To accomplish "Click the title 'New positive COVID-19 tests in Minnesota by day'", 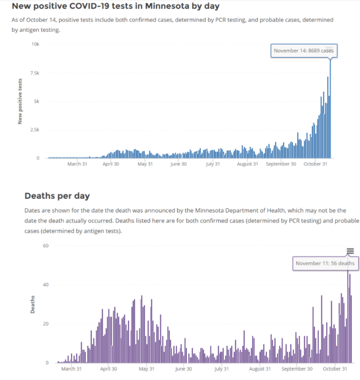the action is [x=115, y=6].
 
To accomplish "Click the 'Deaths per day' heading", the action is [x=57, y=196].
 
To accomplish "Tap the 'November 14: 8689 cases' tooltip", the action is [x=304, y=51].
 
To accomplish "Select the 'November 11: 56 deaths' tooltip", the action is [x=325, y=263].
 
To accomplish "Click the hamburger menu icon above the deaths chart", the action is [x=350, y=251].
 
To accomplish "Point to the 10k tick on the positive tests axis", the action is [x=35, y=44].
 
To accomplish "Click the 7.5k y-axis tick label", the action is [x=35, y=73].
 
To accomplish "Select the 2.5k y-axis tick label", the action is [x=35, y=130].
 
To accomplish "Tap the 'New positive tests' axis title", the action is [x=20, y=101].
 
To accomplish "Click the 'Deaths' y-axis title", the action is [x=32, y=304].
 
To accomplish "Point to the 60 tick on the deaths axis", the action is [x=46, y=246].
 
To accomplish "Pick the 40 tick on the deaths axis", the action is [x=46, y=285].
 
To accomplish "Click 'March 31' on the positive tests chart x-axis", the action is [x=77, y=164].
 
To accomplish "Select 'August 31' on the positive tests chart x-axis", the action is [x=247, y=164].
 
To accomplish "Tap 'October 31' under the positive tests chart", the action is [x=315, y=164].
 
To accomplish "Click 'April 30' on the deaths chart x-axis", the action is [x=108, y=369].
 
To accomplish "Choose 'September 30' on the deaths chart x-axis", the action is [x=297, y=369].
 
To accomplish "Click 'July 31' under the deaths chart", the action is [x=222, y=369].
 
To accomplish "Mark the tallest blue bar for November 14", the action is [x=330, y=109].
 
